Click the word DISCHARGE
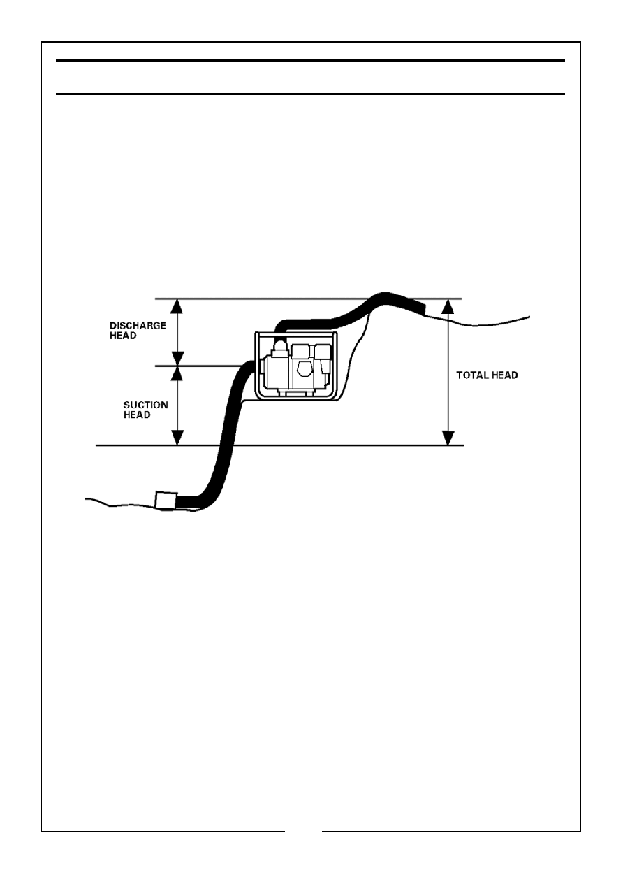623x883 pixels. point(138,326)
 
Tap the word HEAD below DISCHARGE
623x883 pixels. point(123,336)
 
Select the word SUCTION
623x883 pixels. point(146,405)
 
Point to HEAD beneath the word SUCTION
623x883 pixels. point(137,415)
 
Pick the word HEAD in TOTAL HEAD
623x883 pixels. point(504,375)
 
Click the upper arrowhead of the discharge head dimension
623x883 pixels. point(178,306)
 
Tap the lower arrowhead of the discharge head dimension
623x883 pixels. point(178,359)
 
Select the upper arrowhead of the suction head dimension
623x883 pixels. point(178,373)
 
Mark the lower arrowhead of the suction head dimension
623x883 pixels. point(178,438)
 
